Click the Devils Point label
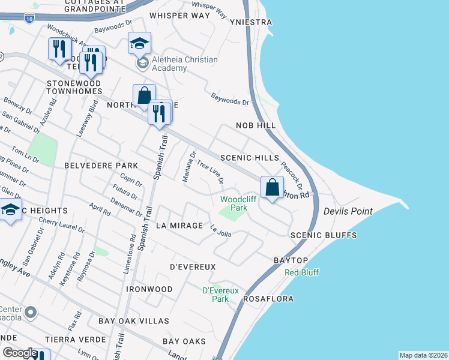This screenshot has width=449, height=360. pos(348,212)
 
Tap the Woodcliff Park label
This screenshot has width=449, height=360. pos(234,203)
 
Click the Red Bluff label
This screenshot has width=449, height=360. pos(302,272)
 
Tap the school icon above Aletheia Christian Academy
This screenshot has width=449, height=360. pos(139,44)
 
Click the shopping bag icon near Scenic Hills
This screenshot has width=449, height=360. pos(272,188)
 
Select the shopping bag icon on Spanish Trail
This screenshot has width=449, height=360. pos(144,95)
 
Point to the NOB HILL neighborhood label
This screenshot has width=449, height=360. pos(255,125)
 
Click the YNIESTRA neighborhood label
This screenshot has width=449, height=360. pos(250,22)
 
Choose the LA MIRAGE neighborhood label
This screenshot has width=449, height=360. pos(178,226)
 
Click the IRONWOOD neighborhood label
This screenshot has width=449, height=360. pos(149,289)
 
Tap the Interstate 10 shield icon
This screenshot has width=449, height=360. pos(30,19)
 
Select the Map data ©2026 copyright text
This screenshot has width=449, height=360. pos(423,355)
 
